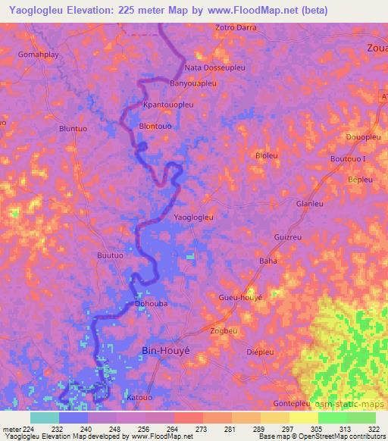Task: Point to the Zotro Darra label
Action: [x=236, y=27]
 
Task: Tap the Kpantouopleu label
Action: [x=168, y=105]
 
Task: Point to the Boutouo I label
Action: [x=348, y=158]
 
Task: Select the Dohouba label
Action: [x=151, y=304]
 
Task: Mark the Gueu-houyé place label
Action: [x=240, y=298]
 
